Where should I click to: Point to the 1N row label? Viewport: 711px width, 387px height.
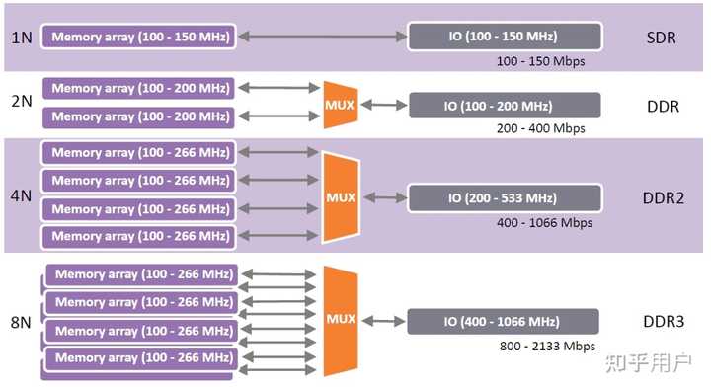click(x=22, y=38)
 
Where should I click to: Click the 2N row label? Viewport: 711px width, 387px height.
click(x=22, y=103)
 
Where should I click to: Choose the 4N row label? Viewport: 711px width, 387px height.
click(x=22, y=195)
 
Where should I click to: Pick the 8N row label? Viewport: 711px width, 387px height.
click(x=22, y=321)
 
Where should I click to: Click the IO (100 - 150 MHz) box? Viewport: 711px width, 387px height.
click(x=505, y=38)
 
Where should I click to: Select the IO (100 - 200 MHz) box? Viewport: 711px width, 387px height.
click(x=505, y=106)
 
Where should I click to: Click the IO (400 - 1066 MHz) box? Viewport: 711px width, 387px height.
click(x=504, y=322)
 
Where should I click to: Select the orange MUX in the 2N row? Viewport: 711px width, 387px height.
click(x=340, y=103)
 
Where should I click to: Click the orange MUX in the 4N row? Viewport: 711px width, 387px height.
click(x=339, y=196)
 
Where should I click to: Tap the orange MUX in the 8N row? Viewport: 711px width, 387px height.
click(x=340, y=320)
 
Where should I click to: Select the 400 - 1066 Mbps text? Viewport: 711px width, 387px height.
click(x=545, y=222)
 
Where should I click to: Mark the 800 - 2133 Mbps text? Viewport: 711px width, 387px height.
click(x=545, y=347)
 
